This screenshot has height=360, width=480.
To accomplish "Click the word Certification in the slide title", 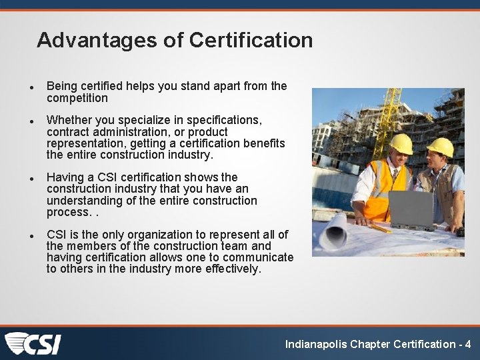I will (x=251, y=40).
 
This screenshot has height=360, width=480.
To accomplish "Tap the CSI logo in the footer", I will (x=33, y=343).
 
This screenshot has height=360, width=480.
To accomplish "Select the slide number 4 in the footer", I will (x=468, y=344).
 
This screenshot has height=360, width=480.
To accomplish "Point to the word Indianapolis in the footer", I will (x=316, y=344).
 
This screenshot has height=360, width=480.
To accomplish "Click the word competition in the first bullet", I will (x=77, y=98).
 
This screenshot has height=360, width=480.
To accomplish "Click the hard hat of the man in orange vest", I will (x=401, y=143).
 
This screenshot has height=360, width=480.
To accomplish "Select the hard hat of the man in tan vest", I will (x=440, y=147).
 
